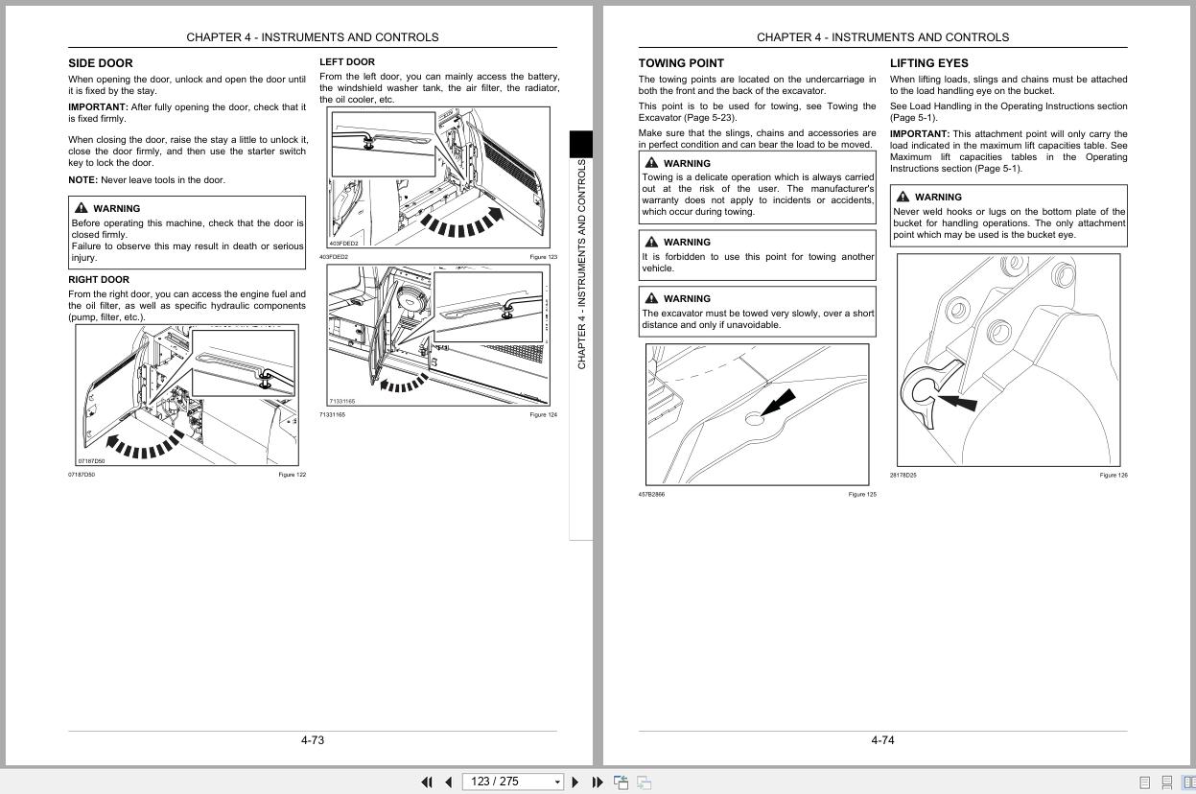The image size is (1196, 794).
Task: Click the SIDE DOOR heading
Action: (101, 63)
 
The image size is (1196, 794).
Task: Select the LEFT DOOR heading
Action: (347, 62)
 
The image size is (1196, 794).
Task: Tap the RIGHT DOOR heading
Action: (99, 280)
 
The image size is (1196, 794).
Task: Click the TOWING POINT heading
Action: (681, 63)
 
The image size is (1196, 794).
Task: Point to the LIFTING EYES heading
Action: (928, 63)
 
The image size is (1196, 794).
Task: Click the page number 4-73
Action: (313, 740)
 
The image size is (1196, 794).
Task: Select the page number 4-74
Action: (882, 740)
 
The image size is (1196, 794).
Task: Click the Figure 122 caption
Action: (292, 475)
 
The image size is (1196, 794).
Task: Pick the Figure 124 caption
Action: (543, 415)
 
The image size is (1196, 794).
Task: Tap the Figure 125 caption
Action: (862, 495)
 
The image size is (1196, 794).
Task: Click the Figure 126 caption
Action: (1114, 476)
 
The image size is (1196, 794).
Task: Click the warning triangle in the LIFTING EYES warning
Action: (903, 197)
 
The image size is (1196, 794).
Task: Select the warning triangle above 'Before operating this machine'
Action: (81, 208)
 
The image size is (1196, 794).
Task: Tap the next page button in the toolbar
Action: (575, 782)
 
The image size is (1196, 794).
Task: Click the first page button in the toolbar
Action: (427, 782)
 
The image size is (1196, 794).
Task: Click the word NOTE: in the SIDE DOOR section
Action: (82, 180)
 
